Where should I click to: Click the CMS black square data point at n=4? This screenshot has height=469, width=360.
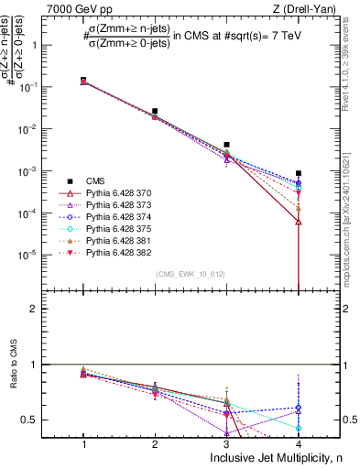299,173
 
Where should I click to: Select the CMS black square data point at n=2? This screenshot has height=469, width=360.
155,111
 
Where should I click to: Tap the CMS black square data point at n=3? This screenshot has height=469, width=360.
226,145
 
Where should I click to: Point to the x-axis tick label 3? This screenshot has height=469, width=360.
226,442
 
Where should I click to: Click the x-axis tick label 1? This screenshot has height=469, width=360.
83,442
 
